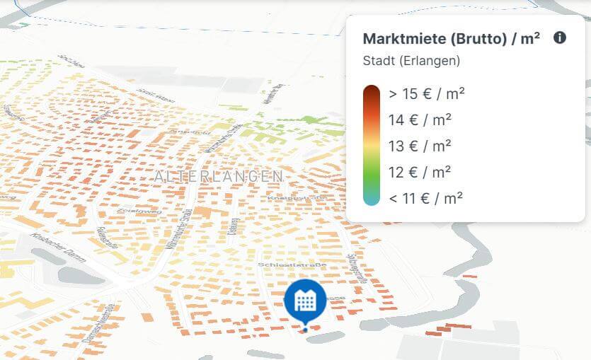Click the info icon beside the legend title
click(x=560, y=38)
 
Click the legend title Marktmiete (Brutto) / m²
click(x=451, y=39)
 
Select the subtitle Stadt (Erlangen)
click(x=411, y=61)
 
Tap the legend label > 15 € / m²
click(x=427, y=93)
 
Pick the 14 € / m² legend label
click(x=420, y=120)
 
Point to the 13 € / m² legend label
click(x=420, y=146)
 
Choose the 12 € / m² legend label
click(x=420, y=172)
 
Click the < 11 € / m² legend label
click(x=425, y=198)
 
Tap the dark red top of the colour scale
click(x=372, y=91)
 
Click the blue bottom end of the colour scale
click(x=372, y=200)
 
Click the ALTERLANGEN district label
click(x=219, y=176)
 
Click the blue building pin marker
click(x=305, y=301)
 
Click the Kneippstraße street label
click(x=290, y=199)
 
